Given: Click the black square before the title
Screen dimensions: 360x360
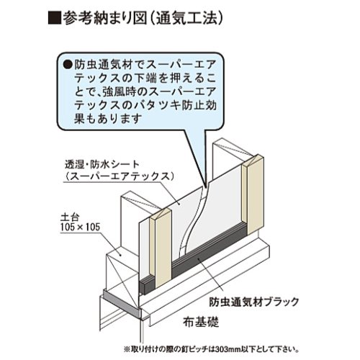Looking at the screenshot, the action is click(54, 18).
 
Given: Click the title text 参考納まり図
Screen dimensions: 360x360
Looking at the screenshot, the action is click(104, 18).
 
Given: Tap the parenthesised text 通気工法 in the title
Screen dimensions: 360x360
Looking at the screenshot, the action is click(186, 18).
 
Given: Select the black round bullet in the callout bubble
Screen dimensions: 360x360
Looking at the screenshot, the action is click(68, 65).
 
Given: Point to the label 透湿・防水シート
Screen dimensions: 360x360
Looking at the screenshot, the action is click(102, 165).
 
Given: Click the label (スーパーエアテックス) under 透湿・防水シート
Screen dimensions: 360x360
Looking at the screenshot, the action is click(119, 176).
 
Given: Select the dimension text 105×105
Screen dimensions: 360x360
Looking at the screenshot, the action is click(80, 227).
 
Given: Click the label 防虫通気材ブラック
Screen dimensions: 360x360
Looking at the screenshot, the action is click(254, 302).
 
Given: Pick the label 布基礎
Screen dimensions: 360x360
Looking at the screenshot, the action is click(201, 322).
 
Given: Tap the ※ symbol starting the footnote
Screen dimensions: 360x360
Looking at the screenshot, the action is click(127, 348).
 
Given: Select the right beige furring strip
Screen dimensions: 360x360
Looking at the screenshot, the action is click(253, 194).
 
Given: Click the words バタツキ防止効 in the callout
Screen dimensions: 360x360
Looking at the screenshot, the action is click(179, 105).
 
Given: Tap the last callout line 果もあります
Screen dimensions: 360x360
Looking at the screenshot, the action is click(107, 119).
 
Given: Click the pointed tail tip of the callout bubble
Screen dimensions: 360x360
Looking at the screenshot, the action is click(206, 186).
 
